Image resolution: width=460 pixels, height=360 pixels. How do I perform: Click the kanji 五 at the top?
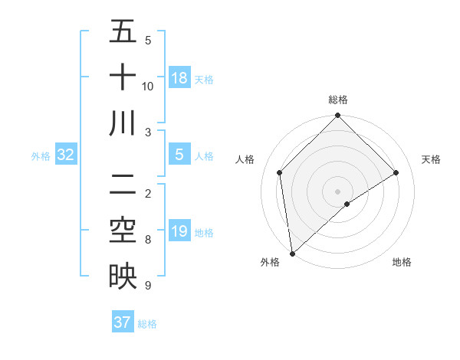[123, 33]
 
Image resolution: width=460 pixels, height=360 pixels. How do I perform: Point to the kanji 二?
[123, 185]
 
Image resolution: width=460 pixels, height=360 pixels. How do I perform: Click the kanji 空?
[123, 231]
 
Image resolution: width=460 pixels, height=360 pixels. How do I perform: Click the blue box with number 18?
[179, 78]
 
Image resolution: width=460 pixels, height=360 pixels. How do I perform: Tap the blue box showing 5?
[179, 155]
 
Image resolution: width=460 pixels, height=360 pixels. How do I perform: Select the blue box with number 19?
[179, 231]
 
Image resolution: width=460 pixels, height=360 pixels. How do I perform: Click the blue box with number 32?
[66, 155]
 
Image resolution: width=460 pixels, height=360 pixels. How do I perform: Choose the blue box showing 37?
[123, 322]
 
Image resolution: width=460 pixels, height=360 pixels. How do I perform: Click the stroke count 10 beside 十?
[148, 87]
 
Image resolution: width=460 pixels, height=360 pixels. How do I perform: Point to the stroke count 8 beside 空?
[148, 240]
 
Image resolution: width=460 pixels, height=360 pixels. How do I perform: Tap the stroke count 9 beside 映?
[148, 286]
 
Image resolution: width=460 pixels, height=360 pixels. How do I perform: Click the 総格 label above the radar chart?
[338, 100]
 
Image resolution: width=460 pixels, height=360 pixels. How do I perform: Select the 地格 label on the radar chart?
[402, 262]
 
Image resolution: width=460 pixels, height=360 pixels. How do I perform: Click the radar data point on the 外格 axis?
[292, 254]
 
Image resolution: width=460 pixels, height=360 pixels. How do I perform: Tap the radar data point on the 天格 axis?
[396, 172]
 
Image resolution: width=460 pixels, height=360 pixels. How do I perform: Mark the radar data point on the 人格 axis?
[280, 172]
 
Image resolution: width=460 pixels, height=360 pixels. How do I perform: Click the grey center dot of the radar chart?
[338, 191]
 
